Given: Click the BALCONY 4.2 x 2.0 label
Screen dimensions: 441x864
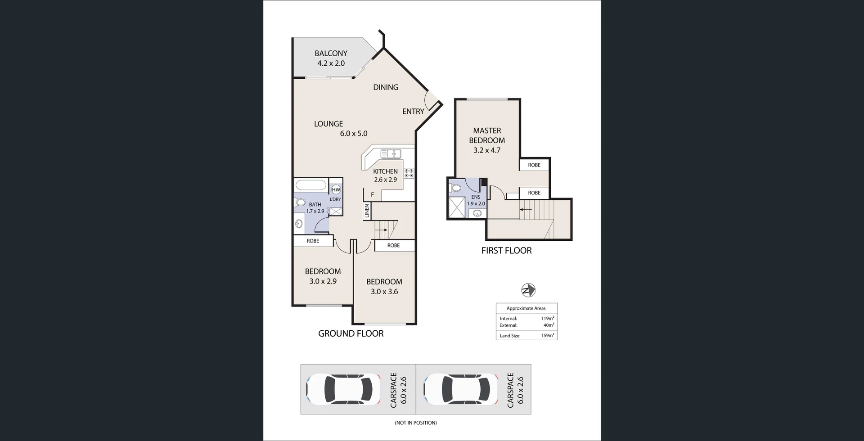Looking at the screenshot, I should tap(331, 58).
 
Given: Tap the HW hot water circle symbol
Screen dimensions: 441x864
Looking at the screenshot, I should tap(336, 190).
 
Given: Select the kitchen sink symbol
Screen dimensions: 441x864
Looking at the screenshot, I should tap(391, 154).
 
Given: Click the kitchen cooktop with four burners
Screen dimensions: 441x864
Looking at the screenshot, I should tap(409, 173).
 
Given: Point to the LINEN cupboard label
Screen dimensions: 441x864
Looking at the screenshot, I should tap(367, 211).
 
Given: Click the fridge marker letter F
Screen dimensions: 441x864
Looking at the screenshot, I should tap(372, 195).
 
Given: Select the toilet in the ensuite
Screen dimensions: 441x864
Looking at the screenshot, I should tap(455, 188).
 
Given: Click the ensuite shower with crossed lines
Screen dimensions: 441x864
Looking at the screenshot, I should tap(457, 207).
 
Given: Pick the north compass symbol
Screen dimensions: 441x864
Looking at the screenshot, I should tap(528, 290).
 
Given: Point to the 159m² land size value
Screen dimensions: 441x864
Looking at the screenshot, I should tap(547, 335).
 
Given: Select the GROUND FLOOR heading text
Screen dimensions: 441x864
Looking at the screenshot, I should tap(351, 333).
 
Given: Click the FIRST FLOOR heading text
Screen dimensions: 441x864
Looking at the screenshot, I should tap(506, 251).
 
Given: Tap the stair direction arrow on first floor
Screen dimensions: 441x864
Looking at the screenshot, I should tap(526, 209).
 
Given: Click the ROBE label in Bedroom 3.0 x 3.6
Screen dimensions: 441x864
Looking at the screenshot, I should tap(393, 246).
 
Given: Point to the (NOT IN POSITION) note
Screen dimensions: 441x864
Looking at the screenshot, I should tap(416, 423).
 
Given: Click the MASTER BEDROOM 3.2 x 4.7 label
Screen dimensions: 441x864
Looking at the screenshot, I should tap(487, 140).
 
